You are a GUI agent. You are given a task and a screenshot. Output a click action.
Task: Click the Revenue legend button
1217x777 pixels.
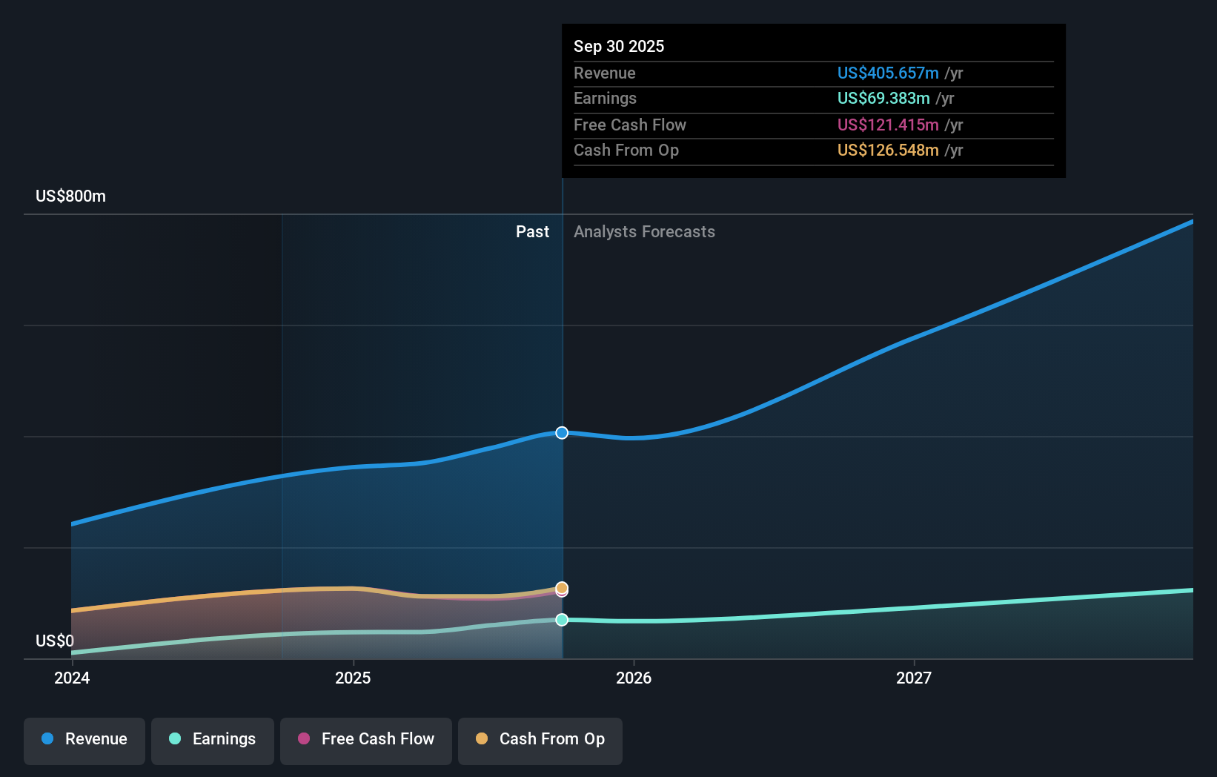pos(84,740)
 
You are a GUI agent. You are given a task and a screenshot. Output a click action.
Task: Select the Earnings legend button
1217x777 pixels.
pos(213,740)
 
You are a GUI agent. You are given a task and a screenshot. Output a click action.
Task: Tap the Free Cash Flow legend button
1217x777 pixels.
pos(366,740)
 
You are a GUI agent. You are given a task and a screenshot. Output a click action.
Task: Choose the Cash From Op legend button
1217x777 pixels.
pos(540,740)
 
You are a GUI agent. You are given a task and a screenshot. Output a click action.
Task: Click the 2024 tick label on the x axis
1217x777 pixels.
pos(72,678)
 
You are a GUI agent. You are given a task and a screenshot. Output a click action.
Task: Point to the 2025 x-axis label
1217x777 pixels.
pos(353,678)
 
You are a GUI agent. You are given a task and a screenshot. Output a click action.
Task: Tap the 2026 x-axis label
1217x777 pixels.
pos(634,678)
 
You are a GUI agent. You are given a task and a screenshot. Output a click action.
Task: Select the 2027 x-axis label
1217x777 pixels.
pos(914,678)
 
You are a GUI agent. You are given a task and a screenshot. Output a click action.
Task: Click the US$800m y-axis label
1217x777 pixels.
pos(70,196)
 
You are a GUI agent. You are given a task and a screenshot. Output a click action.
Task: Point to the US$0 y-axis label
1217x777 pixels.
pos(55,641)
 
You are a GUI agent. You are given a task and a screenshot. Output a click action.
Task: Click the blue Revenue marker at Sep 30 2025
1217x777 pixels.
pos(562,433)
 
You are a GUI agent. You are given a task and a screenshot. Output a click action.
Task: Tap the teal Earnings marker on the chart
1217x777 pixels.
pos(562,620)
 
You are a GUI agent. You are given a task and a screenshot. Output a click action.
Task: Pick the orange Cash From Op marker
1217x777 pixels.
pos(562,587)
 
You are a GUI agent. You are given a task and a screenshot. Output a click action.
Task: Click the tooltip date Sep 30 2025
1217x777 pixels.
pos(619,47)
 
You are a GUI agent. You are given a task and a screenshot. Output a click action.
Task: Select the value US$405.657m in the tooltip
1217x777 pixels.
pos(888,73)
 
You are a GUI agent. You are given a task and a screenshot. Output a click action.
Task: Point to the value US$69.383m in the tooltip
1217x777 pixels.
pos(883,99)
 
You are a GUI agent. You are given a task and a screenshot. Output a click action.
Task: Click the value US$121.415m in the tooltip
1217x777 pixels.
pos(888,125)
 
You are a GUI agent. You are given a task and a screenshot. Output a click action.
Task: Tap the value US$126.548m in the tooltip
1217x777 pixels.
pos(888,151)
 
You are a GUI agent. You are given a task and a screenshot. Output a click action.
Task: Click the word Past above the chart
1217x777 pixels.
pos(532,232)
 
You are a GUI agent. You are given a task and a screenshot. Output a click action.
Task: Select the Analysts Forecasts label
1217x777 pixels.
pos(644,232)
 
